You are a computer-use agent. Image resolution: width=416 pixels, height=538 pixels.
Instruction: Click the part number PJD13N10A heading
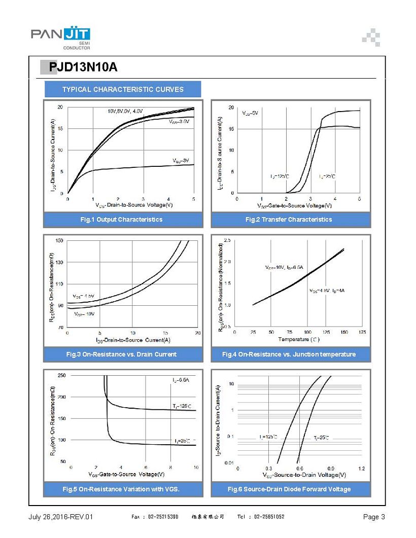point(83,67)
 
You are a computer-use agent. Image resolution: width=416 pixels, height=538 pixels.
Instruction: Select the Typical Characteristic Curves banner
point(123,89)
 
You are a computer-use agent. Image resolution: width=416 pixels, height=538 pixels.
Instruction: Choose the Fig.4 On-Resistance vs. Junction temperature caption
point(288,354)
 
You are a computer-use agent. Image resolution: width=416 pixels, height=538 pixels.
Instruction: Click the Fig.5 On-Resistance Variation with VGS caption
point(121,489)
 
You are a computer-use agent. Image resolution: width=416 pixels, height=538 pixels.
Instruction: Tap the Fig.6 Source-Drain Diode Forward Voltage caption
point(288,489)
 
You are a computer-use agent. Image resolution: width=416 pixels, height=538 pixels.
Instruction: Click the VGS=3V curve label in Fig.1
point(181,160)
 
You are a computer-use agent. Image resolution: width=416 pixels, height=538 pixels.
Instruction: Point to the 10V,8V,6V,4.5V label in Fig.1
point(125,111)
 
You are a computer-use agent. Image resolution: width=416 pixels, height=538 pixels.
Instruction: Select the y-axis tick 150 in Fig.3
point(59,240)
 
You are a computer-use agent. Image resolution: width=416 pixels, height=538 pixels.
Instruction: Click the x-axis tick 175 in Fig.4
point(362,332)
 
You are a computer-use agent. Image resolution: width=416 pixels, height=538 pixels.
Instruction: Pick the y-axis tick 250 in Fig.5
point(61,375)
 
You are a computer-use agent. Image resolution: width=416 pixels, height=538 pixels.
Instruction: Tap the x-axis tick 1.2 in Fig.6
point(361,469)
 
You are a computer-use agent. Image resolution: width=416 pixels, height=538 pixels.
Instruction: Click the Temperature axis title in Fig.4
point(299,339)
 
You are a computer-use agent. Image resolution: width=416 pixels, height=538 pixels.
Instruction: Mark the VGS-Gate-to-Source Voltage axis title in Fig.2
point(294,206)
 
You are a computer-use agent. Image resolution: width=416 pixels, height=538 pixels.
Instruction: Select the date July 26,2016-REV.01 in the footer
point(61,517)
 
